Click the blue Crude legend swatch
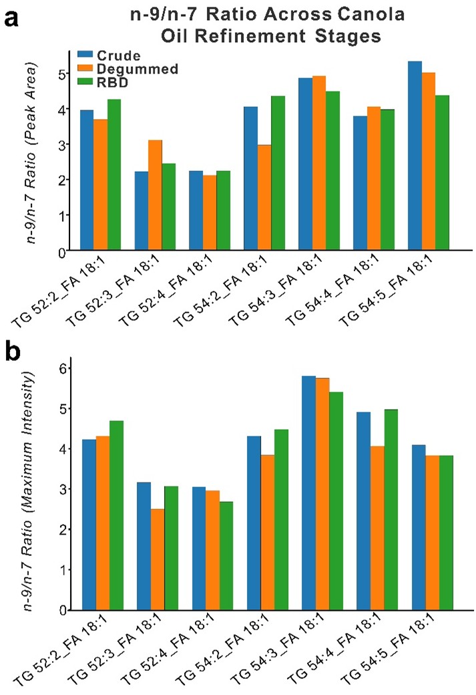tap(84, 53)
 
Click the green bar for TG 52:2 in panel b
tap(115, 515)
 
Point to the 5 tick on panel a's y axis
tap(61, 74)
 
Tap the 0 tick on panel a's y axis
tap(61, 251)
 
